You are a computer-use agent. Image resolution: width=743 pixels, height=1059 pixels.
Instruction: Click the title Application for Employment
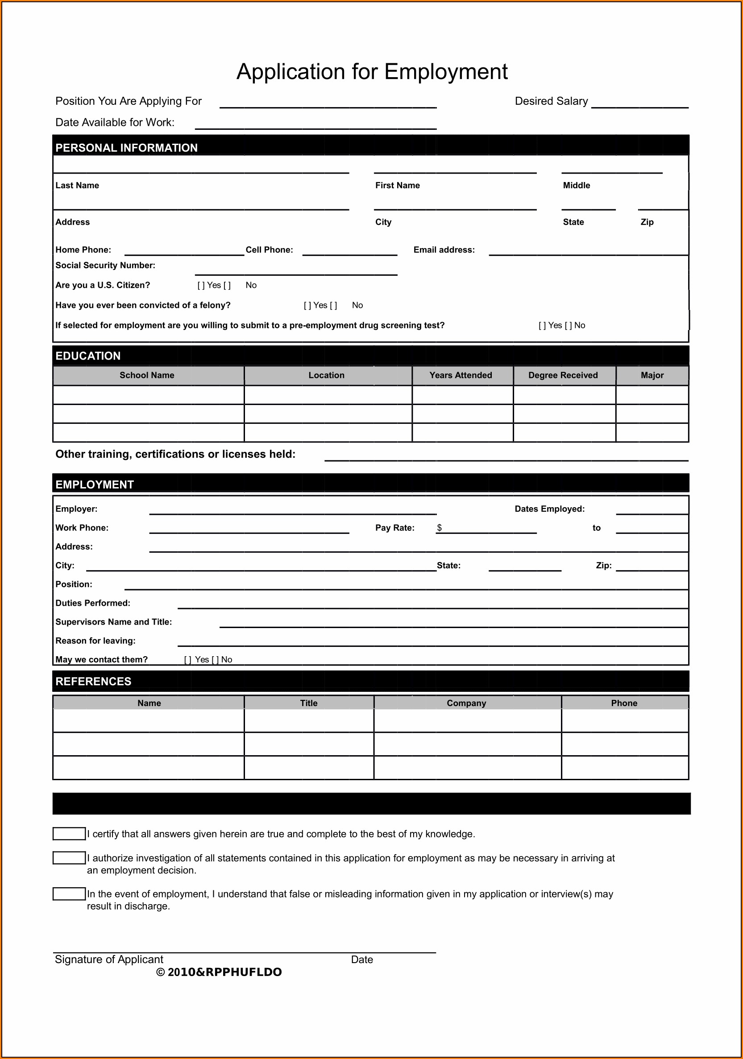pos(372,72)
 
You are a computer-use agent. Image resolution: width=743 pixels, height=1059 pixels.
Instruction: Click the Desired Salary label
pos(551,101)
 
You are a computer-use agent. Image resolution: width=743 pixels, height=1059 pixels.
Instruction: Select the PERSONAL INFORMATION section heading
pos(126,148)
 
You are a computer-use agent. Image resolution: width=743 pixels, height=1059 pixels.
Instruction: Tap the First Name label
pos(397,186)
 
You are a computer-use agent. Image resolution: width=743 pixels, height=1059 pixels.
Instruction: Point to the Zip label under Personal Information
pos(647,222)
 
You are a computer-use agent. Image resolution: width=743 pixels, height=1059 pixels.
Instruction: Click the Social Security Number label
pos(105,265)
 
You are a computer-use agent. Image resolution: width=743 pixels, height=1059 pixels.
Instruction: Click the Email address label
pos(444,250)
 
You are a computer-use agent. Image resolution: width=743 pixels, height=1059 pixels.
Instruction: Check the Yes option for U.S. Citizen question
pos(201,285)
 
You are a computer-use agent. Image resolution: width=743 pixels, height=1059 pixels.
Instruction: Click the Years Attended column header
pos(461,376)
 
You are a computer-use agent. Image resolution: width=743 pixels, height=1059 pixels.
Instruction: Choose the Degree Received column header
pos(563,376)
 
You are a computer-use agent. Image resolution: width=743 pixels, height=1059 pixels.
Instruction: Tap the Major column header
pos(652,376)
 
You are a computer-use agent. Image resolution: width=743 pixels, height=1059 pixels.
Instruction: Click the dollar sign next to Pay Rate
pos(440,528)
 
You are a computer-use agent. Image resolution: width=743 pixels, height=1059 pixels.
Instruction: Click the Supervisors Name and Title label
pos(113,622)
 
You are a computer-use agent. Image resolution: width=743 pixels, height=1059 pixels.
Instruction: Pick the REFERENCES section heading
pos(93,682)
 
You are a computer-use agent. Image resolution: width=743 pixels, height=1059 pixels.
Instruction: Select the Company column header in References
pos(466,703)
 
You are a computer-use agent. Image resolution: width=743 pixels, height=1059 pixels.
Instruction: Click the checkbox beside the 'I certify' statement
pos(69,834)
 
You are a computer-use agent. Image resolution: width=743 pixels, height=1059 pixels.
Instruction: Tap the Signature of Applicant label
pos(109,960)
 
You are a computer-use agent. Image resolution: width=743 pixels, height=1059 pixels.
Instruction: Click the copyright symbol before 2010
pos(161,972)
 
